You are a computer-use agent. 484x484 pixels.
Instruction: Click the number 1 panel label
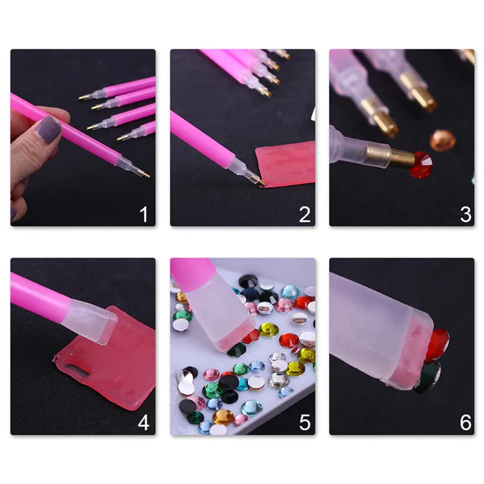[144, 214]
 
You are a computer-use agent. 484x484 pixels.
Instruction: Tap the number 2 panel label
[305, 214]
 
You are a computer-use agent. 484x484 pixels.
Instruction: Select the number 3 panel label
[465, 214]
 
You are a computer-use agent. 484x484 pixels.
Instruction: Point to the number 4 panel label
[144, 423]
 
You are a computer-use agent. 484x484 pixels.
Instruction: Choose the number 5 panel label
[305, 423]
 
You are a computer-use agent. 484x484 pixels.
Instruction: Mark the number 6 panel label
[465, 423]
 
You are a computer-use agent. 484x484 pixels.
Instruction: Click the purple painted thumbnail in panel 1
[48, 129]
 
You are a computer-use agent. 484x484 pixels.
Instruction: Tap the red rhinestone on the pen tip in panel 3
[421, 165]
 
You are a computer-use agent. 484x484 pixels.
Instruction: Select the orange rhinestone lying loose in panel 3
[442, 141]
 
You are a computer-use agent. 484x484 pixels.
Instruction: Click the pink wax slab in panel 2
[285, 165]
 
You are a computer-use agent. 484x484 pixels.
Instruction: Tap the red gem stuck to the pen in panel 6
[438, 345]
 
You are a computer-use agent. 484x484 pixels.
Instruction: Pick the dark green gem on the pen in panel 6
[428, 377]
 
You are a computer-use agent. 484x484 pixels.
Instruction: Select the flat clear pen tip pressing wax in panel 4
[90, 322]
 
